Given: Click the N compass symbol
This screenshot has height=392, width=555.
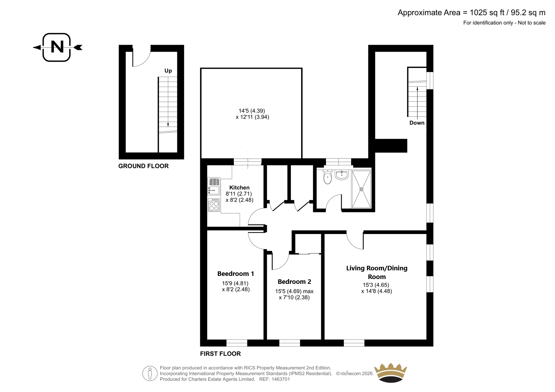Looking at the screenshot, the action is pyautogui.click(x=57, y=47).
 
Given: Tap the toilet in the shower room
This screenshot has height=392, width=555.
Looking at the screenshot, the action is pyautogui.click(x=327, y=177).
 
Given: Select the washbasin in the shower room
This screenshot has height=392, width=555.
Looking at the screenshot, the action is pyautogui.click(x=342, y=174).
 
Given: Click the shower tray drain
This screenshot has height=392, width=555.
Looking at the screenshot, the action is pyautogui.click(x=361, y=189).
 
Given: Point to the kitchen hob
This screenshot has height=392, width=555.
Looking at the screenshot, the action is pyautogui.click(x=214, y=205).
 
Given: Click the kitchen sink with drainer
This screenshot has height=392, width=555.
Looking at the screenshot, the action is pyautogui.click(x=214, y=186).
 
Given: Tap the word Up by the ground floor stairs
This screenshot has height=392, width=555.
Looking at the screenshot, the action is pyautogui.click(x=168, y=71).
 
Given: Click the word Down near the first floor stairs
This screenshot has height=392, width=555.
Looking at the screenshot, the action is pyautogui.click(x=417, y=123).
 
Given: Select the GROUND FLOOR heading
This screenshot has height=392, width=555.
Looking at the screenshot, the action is pyautogui.click(x=144, y=166).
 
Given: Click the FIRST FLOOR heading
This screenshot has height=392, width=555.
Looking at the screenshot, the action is pyautogui.click(x=220, y=354).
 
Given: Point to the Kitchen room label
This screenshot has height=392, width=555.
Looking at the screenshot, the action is pyautogui.click(x=239, y=188).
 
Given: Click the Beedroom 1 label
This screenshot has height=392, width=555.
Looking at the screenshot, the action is pyautogui.click(x=236, y=273).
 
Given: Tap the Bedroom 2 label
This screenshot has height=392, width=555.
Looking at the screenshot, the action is pyautogui.click(x=294, y=281).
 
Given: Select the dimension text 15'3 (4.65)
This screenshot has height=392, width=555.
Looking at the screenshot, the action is pyautogui.click(x=376, y=285).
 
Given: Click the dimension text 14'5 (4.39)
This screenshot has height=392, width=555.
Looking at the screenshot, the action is pyautogui.click(x=252, y=111).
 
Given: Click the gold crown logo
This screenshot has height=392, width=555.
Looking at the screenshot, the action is pyautogui.click(x=391, y=373).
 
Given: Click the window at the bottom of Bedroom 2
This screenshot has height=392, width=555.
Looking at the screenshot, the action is pyautogui.click(x=290, y=343).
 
